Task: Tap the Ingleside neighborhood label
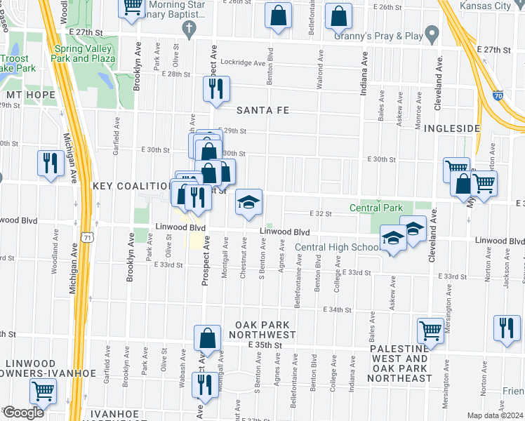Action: (452, 128)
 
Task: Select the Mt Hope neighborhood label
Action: (26, 94)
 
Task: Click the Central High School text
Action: (338, 247)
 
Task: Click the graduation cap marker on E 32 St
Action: (248, 203)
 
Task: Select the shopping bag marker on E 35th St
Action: (208, 338)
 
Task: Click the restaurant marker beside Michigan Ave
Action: (51, 163)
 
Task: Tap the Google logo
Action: (22, 413)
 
